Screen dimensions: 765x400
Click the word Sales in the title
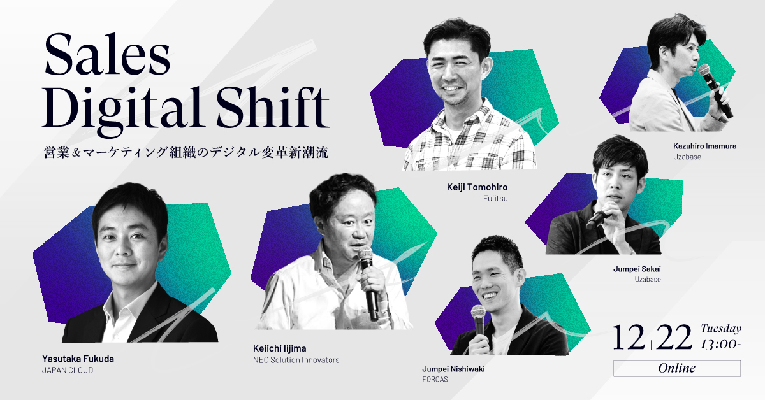(107, 55)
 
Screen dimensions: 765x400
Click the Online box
(677, 368)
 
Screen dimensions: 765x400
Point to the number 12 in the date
(629, 337)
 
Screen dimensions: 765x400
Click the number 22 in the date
(674, 337)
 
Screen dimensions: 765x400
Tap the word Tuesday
(721, 329)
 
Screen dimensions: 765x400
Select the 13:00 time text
(720, 345)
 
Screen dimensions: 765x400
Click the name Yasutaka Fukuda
(78, 359)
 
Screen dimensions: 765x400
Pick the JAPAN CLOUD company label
(68, 370)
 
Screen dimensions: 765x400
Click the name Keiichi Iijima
(279, 348)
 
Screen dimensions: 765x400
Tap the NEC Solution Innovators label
(296, 360)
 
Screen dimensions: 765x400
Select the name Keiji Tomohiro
(477, 187)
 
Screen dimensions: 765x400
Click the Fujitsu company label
(495, 199)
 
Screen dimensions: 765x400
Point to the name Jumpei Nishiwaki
(453, 369)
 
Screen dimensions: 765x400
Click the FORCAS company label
(435, 379)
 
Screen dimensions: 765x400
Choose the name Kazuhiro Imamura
(704, 146)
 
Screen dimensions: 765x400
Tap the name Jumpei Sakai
(637, 269)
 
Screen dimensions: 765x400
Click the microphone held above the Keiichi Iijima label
(370, 283)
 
